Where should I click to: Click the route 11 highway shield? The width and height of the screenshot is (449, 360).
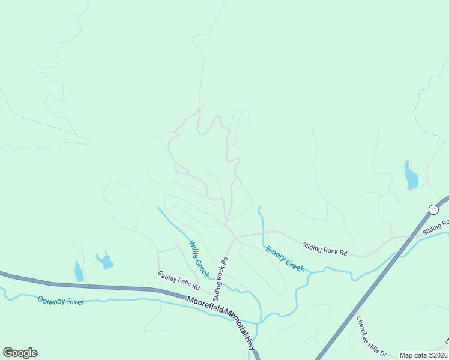tap(433, 209)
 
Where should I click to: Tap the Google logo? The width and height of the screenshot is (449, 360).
tap(20, 353)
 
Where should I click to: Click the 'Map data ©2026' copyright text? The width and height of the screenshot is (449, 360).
tap(424, 355)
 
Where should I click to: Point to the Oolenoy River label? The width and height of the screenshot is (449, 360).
tap(61, 301)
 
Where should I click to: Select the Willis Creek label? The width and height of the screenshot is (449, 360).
tap(199, 259)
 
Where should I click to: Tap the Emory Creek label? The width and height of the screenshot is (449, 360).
tap(285, 259)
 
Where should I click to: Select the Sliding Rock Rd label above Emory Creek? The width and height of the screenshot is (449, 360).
tap(325, 249)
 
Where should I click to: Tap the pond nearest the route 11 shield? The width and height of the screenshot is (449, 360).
tap(411, 176)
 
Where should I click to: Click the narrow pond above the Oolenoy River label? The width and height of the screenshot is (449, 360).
tap(79, 271)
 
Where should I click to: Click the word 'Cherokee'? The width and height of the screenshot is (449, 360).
tap(364, 328)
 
